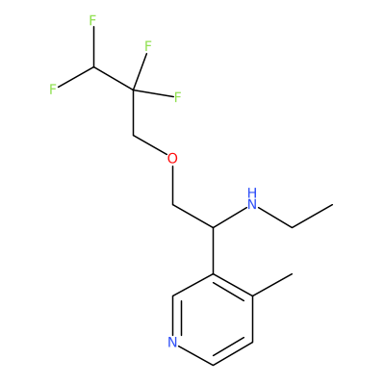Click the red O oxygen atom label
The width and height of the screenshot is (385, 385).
(x=172, y=159)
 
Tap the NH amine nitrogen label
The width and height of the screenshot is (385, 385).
(x=252, y=199)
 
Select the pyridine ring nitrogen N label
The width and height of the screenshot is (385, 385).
(x=173, y=342)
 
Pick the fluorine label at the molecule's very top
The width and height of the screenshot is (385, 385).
(x=92, y=21)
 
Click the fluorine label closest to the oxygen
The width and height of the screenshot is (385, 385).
(x=177, y=97)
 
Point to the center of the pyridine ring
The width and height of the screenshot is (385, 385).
(x=213, y=320)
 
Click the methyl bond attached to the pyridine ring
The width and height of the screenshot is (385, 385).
(x=272, y=285)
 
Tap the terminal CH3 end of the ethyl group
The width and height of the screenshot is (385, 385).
(x=332, y=204)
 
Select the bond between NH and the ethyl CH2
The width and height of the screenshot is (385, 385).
(x=275, y=218)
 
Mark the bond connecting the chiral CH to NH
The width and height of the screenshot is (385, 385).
(x=230, y=218)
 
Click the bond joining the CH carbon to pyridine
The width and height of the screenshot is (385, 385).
(x=213, y=250)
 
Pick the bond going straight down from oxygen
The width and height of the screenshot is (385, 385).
(x=173, y=185)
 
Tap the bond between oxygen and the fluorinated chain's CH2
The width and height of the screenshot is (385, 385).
(x=150, y=145)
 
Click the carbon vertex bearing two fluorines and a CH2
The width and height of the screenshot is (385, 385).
(x=133, y=90)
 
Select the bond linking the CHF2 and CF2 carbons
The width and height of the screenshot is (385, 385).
(x=114, y=78)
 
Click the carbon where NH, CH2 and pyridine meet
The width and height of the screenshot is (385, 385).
(x=213, y=227)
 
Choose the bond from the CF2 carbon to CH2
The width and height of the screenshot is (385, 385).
(x=133, y=113)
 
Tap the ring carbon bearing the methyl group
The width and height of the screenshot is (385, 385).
(x=253, y=296)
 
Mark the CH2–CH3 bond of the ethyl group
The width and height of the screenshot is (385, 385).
(x=313, y=216)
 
